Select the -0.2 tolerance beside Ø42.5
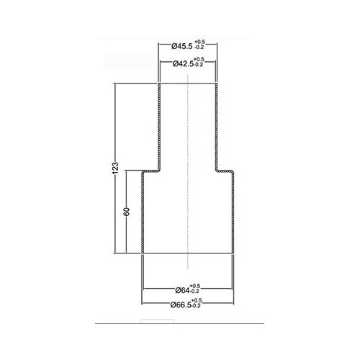(x=199, y=66)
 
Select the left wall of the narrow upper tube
(x=159, y=126)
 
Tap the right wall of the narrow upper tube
(x=216, y=126)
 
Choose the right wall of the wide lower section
(x=233, y=212)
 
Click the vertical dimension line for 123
(x=117, y=130)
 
